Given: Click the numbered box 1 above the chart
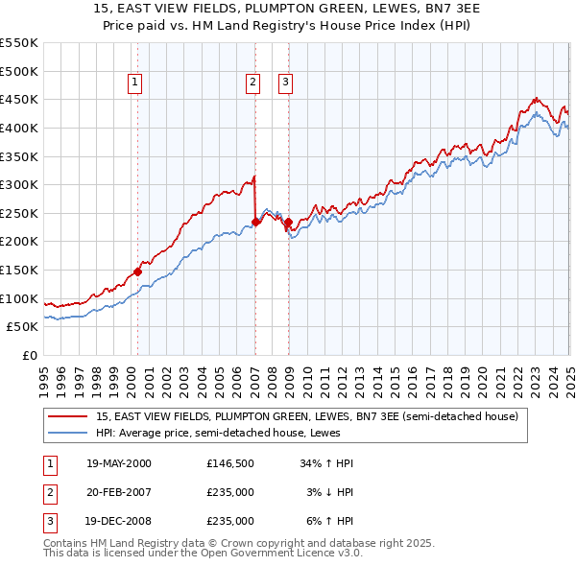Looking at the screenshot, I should [x=134, y=83].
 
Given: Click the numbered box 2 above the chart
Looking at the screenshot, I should [x=252, y=83].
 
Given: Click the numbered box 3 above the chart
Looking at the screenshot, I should [x=286, y=83].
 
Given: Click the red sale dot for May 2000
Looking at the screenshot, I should [x=137, y=271].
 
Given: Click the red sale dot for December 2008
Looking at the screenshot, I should [x=288, y=222].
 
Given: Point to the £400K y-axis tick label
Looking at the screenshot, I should [x=20, y=128].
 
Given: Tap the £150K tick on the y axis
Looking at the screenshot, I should [x=20, y=271].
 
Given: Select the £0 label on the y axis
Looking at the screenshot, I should [x=32, y=355].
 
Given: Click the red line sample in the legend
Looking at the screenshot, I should [x=68, y=416].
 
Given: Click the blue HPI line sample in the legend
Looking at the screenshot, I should [x=68, y=433].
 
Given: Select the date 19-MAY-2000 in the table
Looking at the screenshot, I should [x=118, y=463].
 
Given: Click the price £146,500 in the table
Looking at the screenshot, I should [x=229, y=463].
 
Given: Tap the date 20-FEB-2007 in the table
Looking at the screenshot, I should [x=118, y=492].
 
